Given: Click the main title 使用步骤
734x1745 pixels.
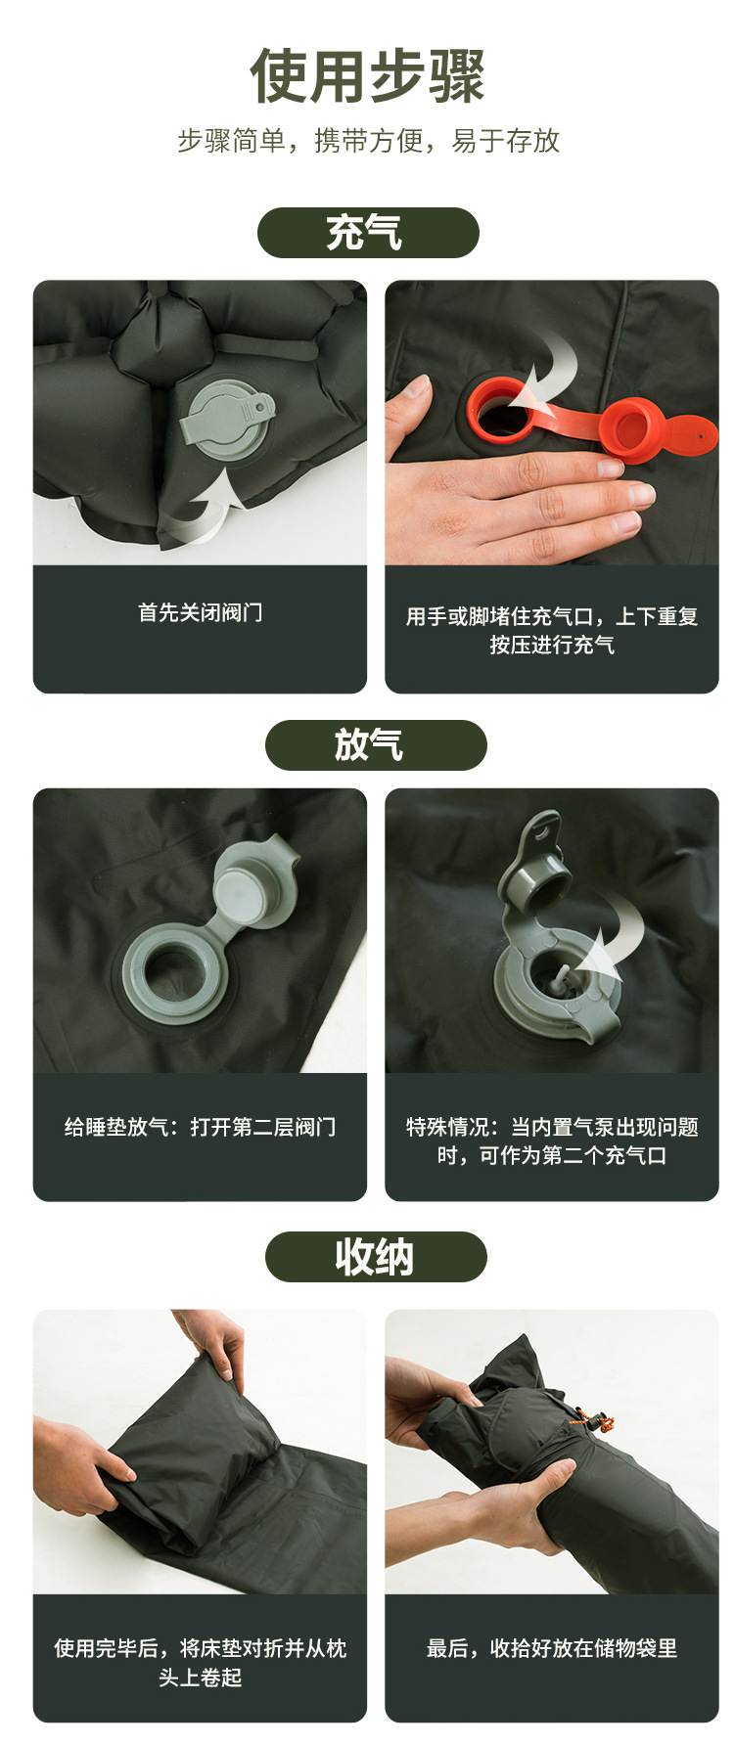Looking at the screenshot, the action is click(368, 75).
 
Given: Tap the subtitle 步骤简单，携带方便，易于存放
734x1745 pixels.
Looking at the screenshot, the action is click(368, 141).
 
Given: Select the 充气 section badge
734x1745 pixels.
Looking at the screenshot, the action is click(368, 233).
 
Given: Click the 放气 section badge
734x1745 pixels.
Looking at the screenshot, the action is click(376, 745).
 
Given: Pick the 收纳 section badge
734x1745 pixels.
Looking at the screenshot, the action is click(376, 1257).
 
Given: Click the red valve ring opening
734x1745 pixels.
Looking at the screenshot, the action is click(500, 410).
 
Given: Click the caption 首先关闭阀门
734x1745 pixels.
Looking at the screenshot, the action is click(201, 613).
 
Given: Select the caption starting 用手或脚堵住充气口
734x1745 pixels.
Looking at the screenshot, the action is click(552, 630).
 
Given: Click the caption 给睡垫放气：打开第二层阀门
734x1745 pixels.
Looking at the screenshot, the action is click(201, 1127).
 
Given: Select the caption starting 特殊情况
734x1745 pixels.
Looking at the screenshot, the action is click(552, 1141).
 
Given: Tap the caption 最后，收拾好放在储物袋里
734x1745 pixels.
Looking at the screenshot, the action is click(552, 1648).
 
